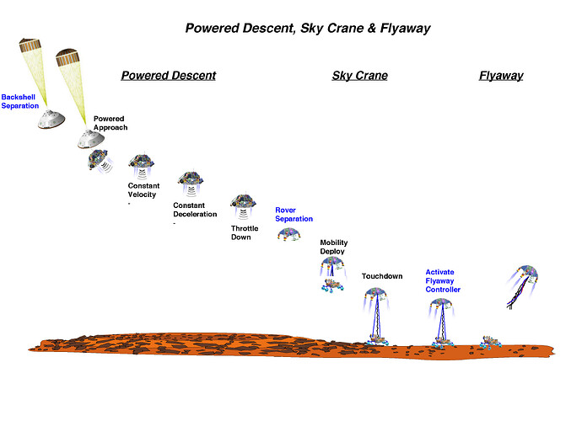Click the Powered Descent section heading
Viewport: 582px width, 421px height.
click(169, 76)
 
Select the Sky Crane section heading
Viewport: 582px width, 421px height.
click(359, 76)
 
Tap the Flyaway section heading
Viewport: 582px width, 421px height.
click(501, 76)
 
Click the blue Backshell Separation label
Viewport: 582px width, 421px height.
click(19, 101)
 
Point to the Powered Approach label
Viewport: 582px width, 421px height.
click(110, 123)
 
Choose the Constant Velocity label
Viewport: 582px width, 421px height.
click(143, 189)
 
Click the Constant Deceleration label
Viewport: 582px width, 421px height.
click(195, 210)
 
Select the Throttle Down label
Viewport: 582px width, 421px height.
click(245, 232)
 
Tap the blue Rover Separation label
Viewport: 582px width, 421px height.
click(294, 214)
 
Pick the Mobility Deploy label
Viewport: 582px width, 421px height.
click(334, 247)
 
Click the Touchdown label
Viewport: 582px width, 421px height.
click(382, 276)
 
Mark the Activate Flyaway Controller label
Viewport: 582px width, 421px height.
click(443, 281)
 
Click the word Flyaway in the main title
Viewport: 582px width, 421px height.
click(405, 28)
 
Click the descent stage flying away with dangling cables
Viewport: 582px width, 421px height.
click(523, 286)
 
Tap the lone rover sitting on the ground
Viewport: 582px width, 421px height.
click(490, 343)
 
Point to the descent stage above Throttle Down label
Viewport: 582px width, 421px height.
click(243, 205)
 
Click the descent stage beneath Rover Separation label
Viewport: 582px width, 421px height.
click(288, 235)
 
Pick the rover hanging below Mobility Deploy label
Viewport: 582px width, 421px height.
click(332, 285)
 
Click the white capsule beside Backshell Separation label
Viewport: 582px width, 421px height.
click(51, 120)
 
